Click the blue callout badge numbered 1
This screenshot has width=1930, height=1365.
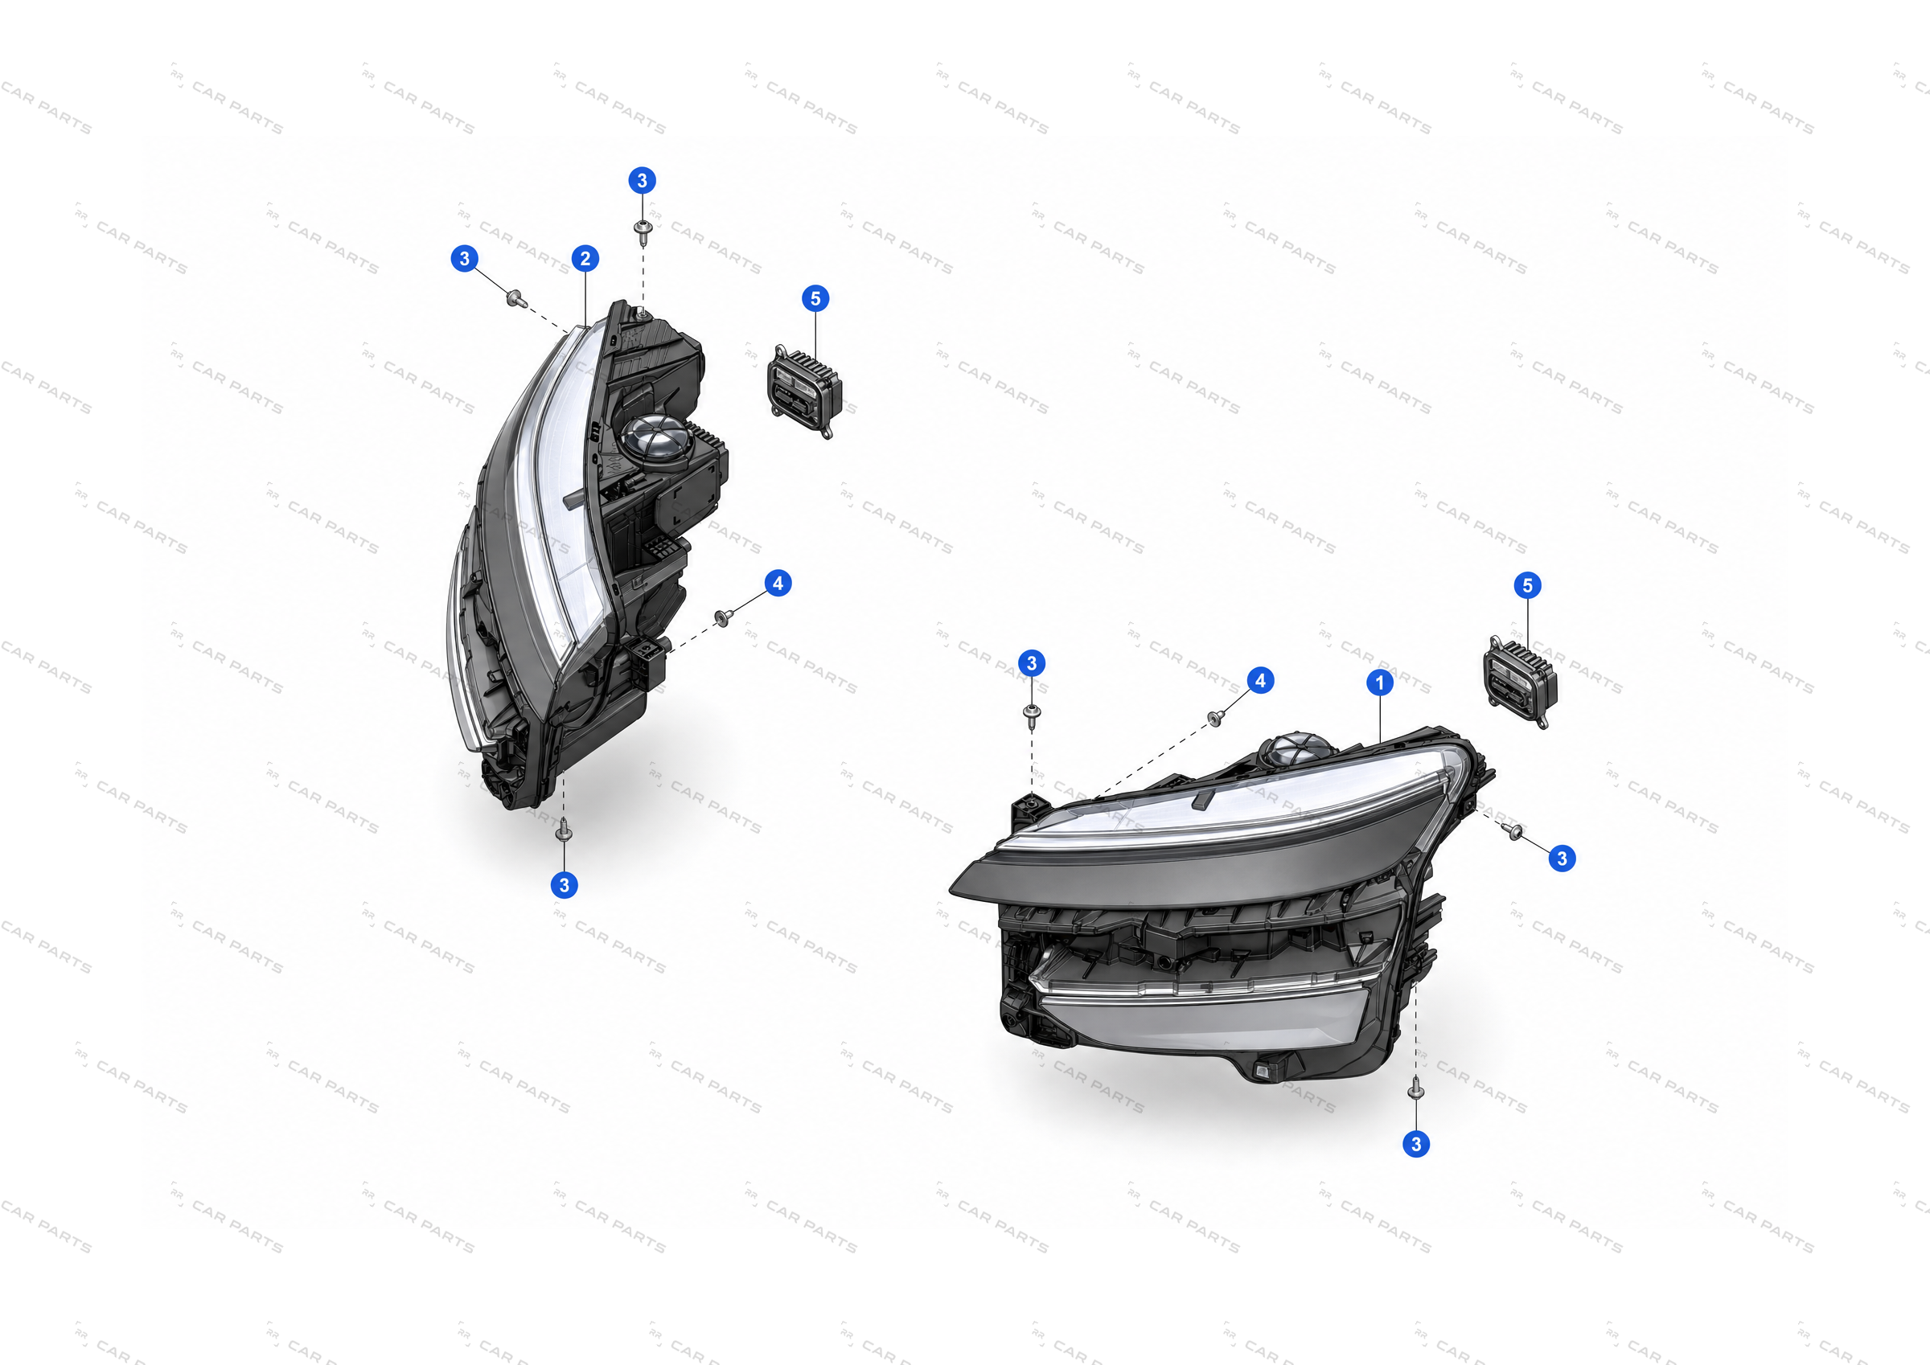pos(1379,682)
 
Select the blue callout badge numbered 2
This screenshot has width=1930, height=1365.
pos(586,258)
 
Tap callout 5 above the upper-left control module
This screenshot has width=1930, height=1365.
pos(815,298)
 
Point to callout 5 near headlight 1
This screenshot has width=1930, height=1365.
pos(1527,586)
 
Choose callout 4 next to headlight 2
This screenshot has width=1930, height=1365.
pos(778,584)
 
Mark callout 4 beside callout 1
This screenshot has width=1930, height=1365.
pos(1260,681)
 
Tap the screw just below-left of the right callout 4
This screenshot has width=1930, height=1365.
pos(1214,718)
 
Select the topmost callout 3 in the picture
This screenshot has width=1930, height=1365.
pos(643,180)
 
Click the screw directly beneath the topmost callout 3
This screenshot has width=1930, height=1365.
pos(643,232)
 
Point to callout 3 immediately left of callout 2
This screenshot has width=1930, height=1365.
pos(465,258)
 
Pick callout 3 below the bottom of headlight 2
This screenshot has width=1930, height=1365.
pos(564,885)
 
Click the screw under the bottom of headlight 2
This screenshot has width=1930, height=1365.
pos(564,830)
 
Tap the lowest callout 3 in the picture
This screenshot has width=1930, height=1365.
pos(1416,1144)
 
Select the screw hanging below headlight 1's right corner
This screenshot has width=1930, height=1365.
pos(1416,1089)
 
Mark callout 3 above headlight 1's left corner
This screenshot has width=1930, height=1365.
pos(1033,663)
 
